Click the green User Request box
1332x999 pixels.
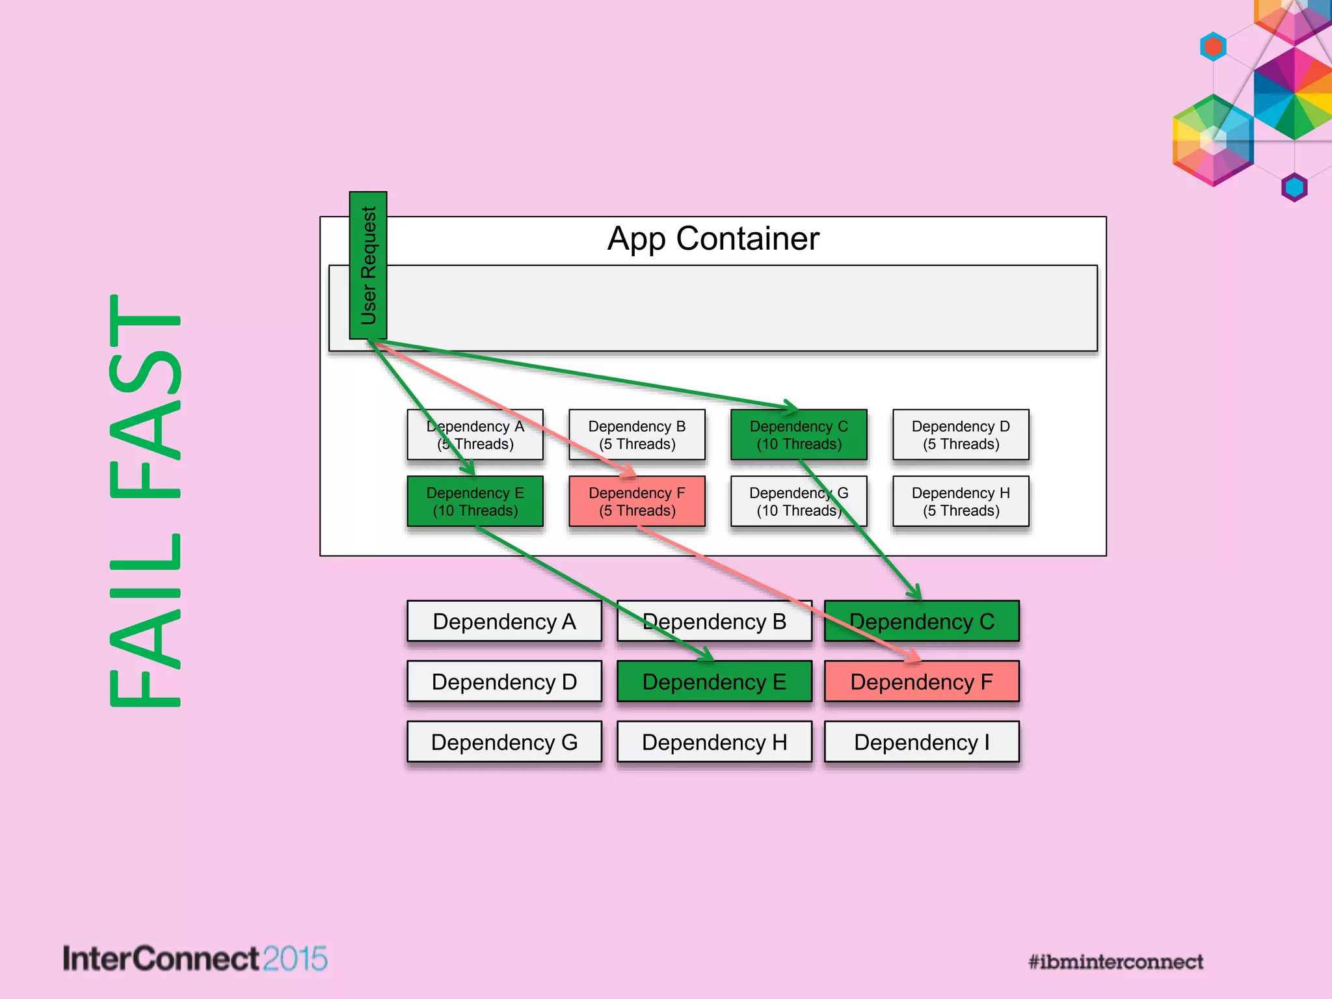point(368,265)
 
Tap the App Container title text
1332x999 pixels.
point(713,239)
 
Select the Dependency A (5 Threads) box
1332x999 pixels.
point(475,435)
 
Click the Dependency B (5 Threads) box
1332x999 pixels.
point(637,435)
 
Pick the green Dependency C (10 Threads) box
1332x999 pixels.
point(799,435)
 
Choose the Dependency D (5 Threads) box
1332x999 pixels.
point(961,435)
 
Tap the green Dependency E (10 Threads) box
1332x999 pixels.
point(475,501)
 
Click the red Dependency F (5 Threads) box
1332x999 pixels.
point(637,501)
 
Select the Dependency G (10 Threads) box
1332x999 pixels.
point(799,501)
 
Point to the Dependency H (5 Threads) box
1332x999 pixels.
point(961,501)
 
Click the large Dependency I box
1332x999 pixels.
point(922,742)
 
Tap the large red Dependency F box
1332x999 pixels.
point(922,682)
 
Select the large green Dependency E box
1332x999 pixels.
point(714,682)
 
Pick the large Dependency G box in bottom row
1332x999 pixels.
point(504,742)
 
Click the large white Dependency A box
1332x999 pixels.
point(504,621)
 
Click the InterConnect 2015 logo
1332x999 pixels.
point(194,959)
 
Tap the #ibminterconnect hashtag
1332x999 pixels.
point(1115,962)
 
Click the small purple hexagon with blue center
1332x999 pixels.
point(1294,187)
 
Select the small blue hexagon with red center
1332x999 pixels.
point(1213,47)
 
